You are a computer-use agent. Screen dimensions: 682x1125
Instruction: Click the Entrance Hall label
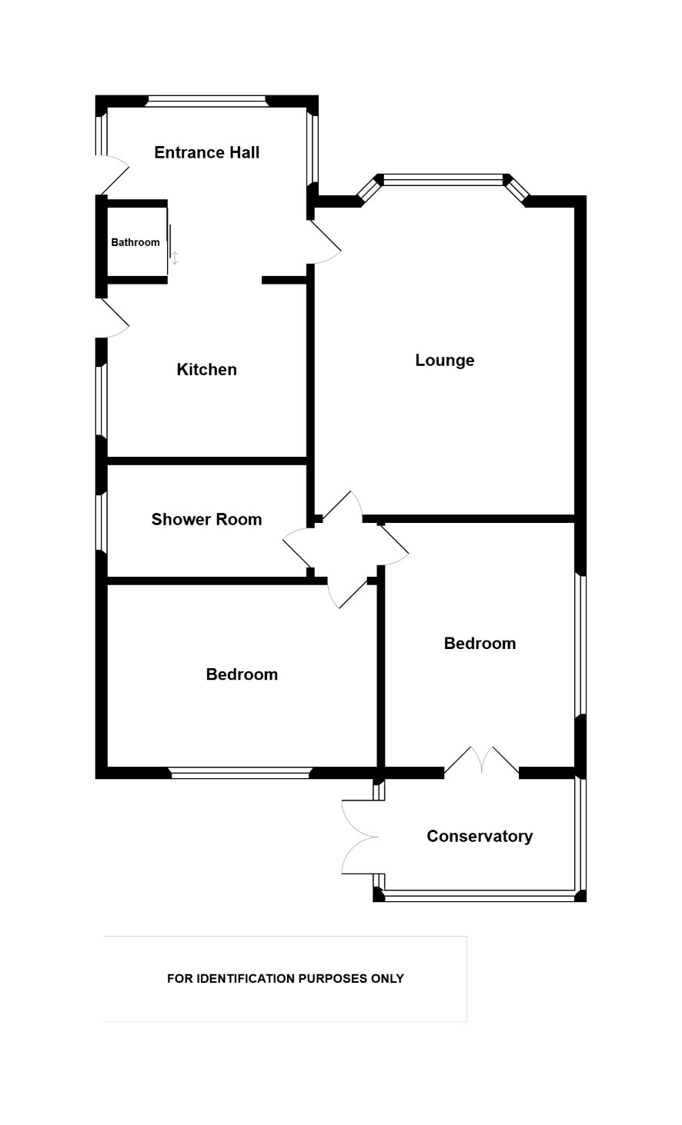[x=206, y=152]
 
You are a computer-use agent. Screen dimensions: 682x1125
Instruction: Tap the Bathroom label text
[x=135, y=242]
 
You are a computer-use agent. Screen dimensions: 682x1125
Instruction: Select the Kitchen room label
[x=206, y=369]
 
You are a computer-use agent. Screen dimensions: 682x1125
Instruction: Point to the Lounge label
[x=445, y=360]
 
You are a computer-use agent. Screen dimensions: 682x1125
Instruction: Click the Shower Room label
[x=206, y=519]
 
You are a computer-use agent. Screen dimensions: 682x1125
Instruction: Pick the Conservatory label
[x=480, y=836]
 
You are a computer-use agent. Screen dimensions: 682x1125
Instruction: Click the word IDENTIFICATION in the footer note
[x=246, y=978]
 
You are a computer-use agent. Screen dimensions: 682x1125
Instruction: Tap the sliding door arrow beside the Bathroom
[x=175, y=258]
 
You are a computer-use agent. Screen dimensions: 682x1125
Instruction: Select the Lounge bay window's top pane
[x=443, y=180]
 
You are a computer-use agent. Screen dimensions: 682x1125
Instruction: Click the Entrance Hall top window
[x=206, y=102]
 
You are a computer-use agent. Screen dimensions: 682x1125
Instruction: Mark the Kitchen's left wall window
[x=102, y=400]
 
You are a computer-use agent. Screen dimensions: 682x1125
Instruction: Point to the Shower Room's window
[x=102, y=522]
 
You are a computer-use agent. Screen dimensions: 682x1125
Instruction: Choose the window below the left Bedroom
[x=240, y=773]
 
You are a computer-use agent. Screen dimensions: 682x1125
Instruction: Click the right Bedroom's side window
[x=580, y=645]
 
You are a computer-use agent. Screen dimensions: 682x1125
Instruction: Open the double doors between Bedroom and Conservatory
[x=481, y=761]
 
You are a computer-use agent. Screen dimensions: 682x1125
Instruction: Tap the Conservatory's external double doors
[x=359, y=837]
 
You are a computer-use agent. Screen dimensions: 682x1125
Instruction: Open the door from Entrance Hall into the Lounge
[x=325, y=241]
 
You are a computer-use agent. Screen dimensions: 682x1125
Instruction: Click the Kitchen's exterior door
[x=112, y=318]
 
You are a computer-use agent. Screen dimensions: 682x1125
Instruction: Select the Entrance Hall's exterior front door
[x=112, y=175]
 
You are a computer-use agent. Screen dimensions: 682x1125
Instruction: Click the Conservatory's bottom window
[x=480, y=895]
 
